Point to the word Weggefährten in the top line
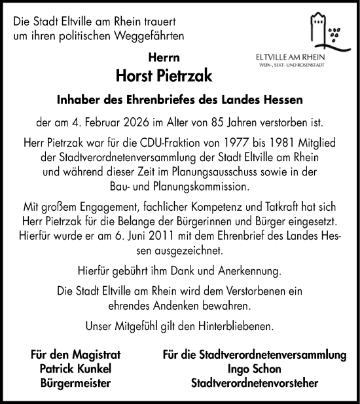pos(149,35)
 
